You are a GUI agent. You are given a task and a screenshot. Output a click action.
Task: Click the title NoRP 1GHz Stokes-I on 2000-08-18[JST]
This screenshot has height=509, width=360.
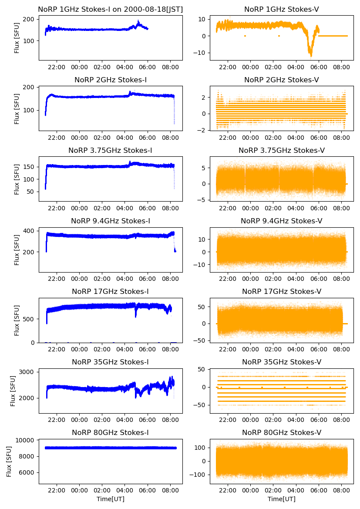pos(110,9)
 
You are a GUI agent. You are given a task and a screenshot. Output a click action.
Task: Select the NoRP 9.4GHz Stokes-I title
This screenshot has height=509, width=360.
pos(110,221)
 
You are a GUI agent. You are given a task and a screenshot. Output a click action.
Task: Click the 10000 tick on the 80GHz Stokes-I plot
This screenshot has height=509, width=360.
pos(28,440)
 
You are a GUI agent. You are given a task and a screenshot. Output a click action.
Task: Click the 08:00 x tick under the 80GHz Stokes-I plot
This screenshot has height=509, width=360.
pos(170,491)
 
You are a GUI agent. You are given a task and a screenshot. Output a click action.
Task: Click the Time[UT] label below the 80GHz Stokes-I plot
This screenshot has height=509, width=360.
pos(110,499)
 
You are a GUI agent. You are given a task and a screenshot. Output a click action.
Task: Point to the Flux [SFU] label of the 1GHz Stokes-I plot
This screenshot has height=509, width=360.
pos(17,38)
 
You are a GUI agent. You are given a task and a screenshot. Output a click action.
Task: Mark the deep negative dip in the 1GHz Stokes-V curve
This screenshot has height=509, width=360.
pos(311,55)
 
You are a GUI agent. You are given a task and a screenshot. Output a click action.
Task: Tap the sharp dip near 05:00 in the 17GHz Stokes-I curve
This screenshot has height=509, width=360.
pos(136,316)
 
